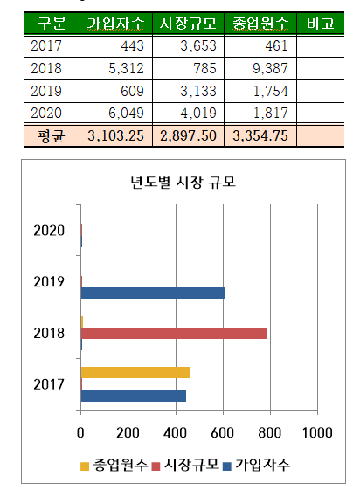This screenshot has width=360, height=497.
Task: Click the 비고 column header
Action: coord(321,24)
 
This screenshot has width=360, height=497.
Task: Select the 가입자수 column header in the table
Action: coord(115,24)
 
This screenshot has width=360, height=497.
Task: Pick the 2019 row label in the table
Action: coord(46,91)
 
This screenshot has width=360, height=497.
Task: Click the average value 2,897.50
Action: coord(188,136)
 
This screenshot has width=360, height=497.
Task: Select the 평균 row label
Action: coord(51,136)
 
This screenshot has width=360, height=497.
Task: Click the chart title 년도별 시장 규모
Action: coord(183,183)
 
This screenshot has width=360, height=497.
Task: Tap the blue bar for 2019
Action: coord(153,293)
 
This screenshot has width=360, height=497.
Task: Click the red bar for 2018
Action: coord(174,333)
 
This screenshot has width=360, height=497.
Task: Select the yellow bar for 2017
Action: coord(135,372)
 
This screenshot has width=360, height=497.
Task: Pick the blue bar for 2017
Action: coord(134,396)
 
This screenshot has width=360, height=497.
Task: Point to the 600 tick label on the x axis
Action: coord(223,432)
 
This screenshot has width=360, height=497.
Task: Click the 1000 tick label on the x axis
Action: coord(317,432)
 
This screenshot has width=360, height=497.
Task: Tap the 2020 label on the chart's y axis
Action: coord(49,231)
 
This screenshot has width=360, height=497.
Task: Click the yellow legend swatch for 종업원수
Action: coord(85,466)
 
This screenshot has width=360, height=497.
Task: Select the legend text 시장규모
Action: coord(191,465)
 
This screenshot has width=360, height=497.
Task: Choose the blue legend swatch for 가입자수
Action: coord(227,466)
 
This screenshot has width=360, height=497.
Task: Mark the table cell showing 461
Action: coord(276,46)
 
